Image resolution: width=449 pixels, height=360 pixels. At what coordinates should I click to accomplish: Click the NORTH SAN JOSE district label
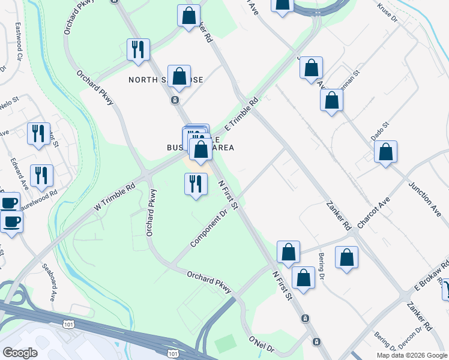tap(166, 80)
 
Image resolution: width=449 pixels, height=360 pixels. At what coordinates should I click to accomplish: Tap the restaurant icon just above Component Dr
tap(195, 184)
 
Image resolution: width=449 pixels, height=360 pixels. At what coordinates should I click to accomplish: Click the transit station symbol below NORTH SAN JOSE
tap(175, 100)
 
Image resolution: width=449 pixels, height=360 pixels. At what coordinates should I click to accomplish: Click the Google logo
tap(20, 353)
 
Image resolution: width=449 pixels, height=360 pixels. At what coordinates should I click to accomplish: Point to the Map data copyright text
tap(411, 355)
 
